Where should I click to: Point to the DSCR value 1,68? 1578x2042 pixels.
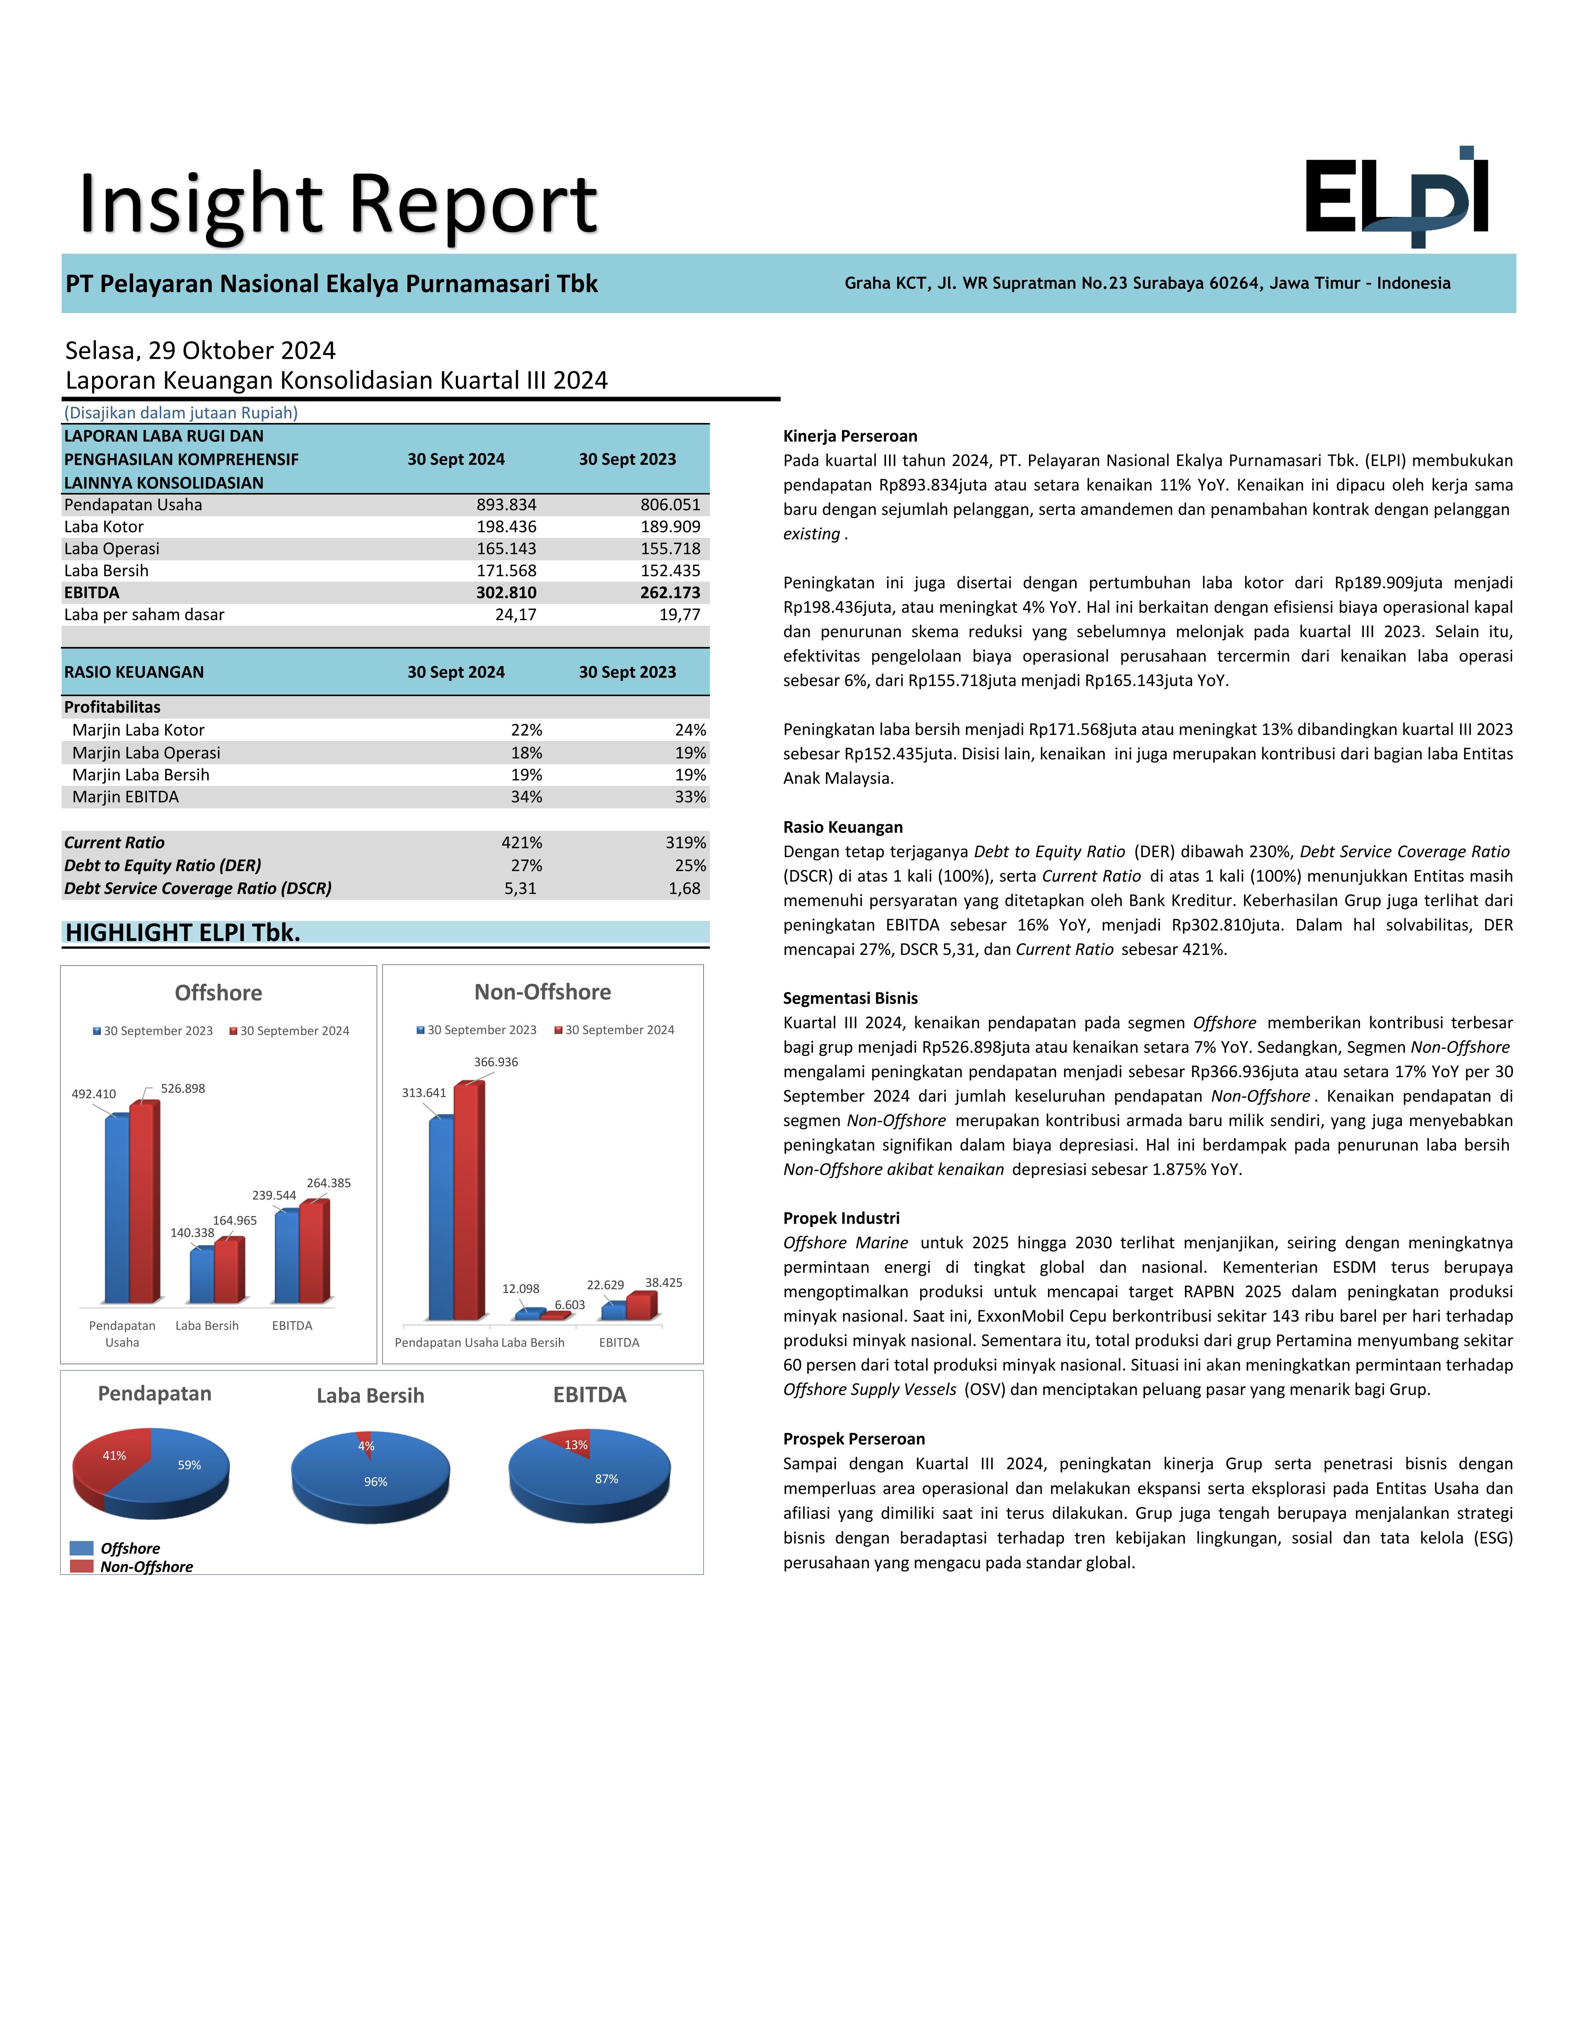click(684, 888)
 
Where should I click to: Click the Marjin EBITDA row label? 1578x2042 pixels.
click(125, 797)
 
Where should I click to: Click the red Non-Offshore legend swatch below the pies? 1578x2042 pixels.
click(81, 1567)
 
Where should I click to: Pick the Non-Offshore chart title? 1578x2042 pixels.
click(542, 992)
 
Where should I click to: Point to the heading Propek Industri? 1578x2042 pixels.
click(841, 1218)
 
